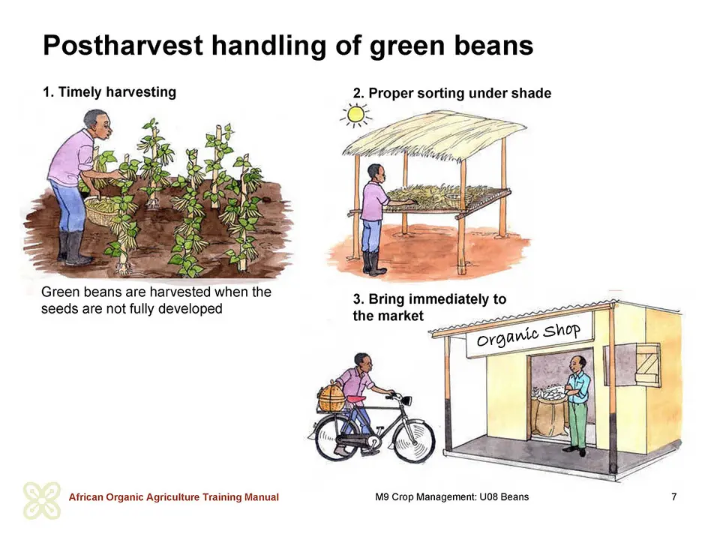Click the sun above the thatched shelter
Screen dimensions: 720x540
355,115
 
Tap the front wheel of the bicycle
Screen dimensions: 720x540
414,440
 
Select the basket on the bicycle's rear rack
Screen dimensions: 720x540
331,398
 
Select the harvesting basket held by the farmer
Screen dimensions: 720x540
102,211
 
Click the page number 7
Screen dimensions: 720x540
673,496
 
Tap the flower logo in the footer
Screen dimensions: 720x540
42,500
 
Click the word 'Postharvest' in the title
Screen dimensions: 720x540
122,46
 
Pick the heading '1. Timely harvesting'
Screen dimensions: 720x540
109,91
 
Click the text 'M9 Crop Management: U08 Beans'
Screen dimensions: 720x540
451,496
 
